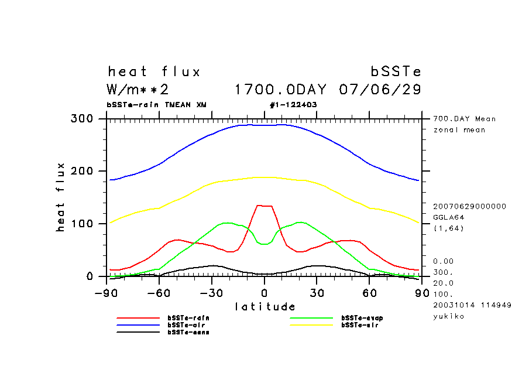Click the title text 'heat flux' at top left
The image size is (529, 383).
coord(154,72)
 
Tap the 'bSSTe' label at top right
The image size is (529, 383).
coord(396,72)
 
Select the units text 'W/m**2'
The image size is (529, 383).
coord(138,90)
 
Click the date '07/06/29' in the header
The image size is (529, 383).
coord(380,90)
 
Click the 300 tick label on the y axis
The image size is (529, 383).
coord(82,119)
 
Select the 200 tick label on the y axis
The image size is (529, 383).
coord(82,171)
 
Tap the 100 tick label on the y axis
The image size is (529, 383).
coord(82,224)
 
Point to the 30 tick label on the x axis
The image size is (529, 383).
coord(317,293)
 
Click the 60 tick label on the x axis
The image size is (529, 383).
coord(369,293)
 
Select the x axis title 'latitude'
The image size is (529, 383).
coord(265,307)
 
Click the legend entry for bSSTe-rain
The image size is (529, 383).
coord(188,318)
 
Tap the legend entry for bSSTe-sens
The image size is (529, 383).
coord(188,332)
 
